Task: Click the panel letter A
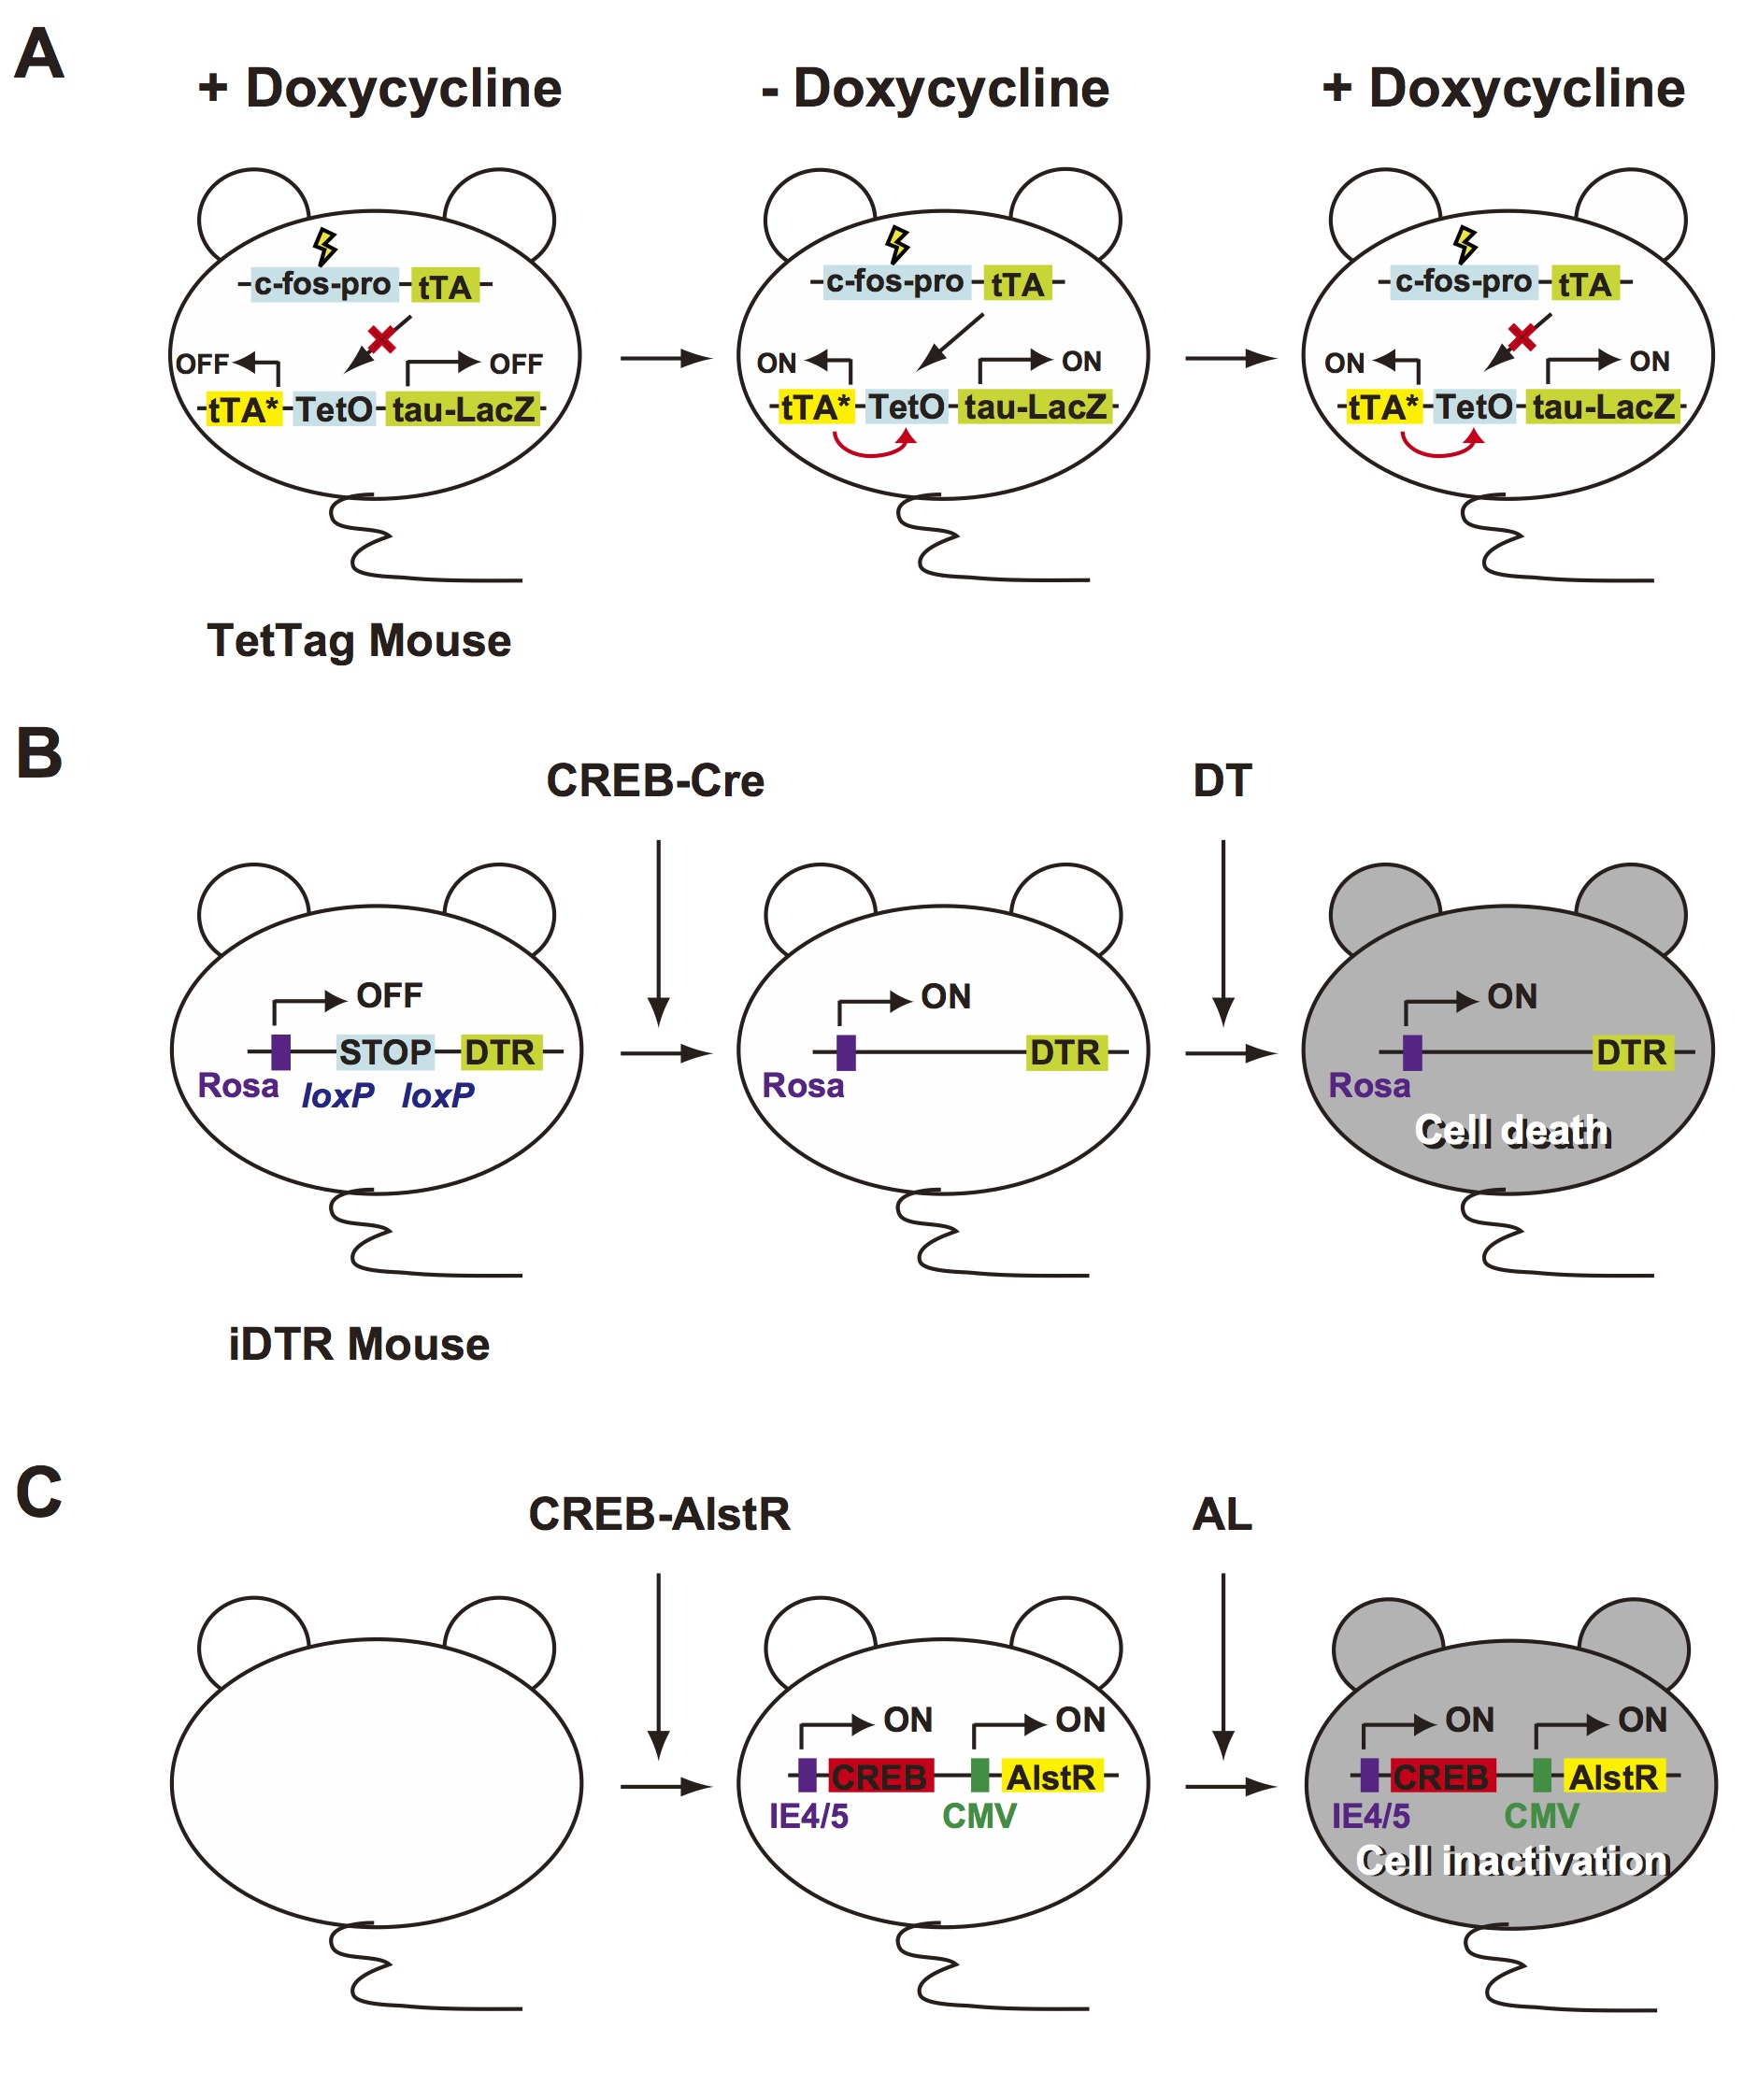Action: [40, 54]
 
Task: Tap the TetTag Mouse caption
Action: [359, 641]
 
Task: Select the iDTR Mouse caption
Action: [359, 1345]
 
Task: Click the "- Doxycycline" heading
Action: [935, 89]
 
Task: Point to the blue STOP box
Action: [385, 1052]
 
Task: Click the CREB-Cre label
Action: [655, 781]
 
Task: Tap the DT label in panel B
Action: [1222, 781]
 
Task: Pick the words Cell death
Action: [1513, 1132]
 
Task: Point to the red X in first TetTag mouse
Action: [381, 339]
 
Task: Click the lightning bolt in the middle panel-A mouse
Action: [898, 244]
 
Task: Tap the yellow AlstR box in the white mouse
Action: [1051, 1776]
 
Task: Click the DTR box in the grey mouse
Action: [1631, 1052]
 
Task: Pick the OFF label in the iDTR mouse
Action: [390, 995]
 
